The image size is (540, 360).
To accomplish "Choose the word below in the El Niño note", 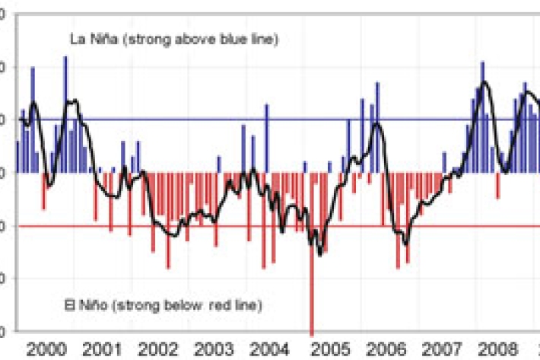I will [184, 306].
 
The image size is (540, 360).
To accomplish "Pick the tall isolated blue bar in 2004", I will [266, 138].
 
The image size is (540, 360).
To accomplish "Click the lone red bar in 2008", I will [498, 185].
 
